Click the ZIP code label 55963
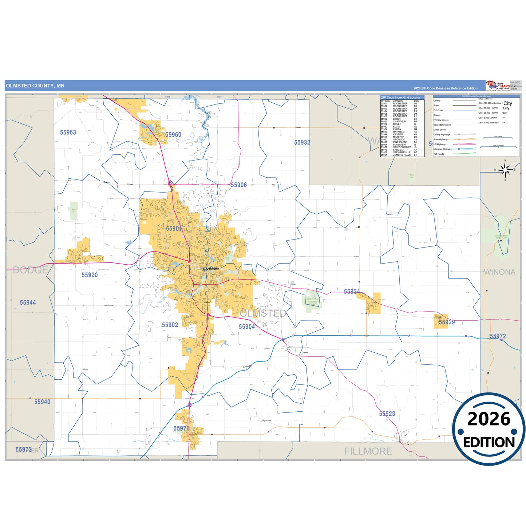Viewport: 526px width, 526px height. point(68,133)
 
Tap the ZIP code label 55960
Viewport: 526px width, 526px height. point(173,135)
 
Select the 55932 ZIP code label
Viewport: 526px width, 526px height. point(302,143)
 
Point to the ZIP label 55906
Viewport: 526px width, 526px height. point(239,185)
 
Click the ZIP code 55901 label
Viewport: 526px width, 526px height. point(174,229)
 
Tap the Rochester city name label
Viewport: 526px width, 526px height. point(211,269)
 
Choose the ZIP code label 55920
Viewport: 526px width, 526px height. point(90,275)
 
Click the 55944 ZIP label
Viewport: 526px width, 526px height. point(28,302)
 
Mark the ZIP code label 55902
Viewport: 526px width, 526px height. point(170,325)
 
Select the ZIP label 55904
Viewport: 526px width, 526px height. point(247,327)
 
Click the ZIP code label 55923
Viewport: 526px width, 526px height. point(387,414)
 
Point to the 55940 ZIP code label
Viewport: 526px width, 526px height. point(42,402)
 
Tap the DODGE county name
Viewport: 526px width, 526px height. point(31,270)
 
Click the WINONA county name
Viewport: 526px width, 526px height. point(499,272)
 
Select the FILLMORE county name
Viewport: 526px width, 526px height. point(368,451)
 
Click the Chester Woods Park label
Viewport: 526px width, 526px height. point(312,301)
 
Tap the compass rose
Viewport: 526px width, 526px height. point(505,170)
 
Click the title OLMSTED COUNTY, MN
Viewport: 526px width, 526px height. point(35,86)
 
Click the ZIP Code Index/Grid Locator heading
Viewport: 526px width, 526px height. point(400,98)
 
